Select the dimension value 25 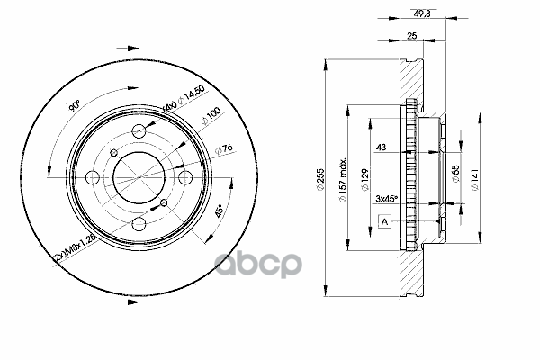(x=411, y=37)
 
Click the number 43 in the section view (x=381, y=148)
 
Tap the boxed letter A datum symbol (x=384, y=221)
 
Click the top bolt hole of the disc (x=139, y=132)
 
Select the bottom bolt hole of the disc (x=139, y=224)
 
